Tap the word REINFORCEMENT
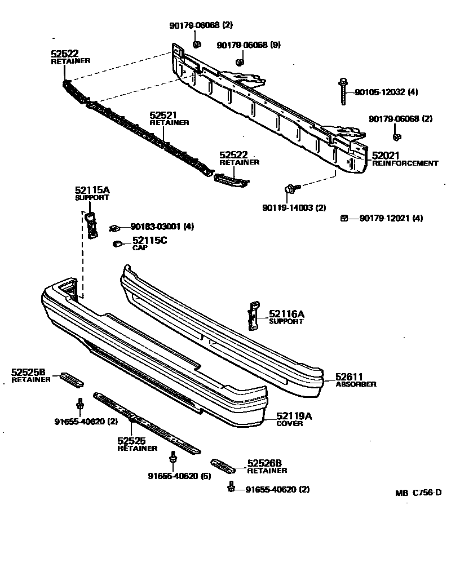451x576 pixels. pos(405,163)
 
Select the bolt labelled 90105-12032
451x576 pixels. pos(343,92)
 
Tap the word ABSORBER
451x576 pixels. pos(356,384)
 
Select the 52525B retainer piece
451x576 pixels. pos(72,379)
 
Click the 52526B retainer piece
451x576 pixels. pos(225,466)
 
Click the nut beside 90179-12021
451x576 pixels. pos(343,218)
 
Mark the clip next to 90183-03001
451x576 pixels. pos(115,227)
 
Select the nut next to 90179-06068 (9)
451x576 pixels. pos(239,61)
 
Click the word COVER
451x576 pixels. pos(290,424)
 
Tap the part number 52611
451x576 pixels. pos(349,376)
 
